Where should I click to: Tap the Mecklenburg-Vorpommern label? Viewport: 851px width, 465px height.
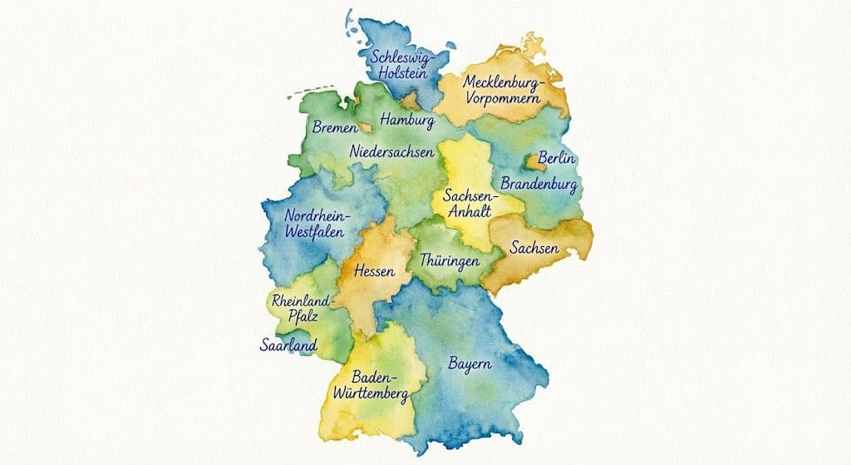(501, 90)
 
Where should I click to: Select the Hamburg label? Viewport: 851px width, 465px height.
(407, 121)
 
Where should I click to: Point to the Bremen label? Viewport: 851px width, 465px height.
(334, 128)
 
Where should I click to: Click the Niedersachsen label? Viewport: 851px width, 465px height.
(391, 152)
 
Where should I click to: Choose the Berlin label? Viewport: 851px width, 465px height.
(557, 157)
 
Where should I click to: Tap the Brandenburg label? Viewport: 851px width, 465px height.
(539, 182)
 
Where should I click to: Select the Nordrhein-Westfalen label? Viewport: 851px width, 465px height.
(317, 224)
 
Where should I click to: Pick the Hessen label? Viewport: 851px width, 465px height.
(373, 271)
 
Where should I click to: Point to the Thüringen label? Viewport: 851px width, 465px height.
(450, 260)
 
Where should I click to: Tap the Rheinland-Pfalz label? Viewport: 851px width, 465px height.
(302, 309)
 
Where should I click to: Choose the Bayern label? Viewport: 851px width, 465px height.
(470, 364)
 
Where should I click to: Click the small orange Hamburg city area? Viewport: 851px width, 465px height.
(411, 102)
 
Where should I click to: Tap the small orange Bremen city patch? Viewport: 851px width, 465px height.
(364, 129)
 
